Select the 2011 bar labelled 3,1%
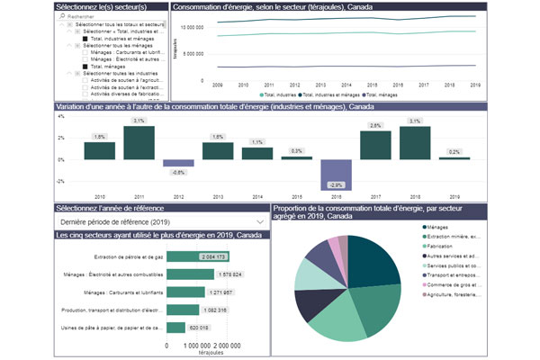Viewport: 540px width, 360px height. (x=138, y=142)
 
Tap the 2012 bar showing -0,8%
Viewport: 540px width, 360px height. (x=178, y=163)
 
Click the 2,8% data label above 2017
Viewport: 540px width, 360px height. (x=375, y=125)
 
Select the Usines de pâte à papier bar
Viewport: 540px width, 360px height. (x=176, y=327)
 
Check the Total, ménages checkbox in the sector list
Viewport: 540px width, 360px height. (x=85, y=66)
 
